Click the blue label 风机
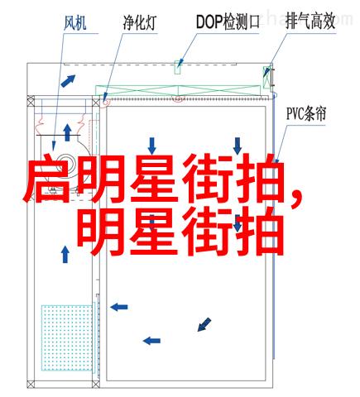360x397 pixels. click(x=74, y=23)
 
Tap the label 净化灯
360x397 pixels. click(x=140, y=22)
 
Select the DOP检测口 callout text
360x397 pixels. click(x=228, y=22)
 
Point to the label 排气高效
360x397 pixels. click(x=310, y=22)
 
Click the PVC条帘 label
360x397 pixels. click(x=306, y=113)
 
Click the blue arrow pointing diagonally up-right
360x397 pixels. click(x=68, y=81)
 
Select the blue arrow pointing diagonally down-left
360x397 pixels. click(x=204, y=324)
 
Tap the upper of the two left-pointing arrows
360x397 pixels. click(x=119, y=307)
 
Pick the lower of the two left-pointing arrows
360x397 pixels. click(x=151, y=341)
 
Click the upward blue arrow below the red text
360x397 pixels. click(x=65, y=255)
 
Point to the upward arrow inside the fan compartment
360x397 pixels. click(x=67, y=132)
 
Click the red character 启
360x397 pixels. click(x=46, y=179)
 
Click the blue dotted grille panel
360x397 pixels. click(x=67, y=337)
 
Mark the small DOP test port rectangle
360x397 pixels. click(x=177, y=67)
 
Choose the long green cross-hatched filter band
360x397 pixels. click(x=178, y=91)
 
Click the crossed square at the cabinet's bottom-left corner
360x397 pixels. click(x=31, y=384)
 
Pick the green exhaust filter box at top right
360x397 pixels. click(x=267, y=77)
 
